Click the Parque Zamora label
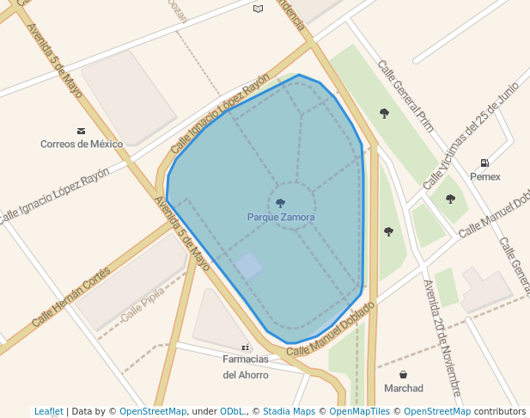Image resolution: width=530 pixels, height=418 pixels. (x=281, y=218)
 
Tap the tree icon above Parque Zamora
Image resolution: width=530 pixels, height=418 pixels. (x=281, y=204)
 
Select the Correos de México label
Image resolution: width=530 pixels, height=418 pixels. (x=82, y=144)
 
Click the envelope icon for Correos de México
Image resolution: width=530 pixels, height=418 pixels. (x=82, y=131)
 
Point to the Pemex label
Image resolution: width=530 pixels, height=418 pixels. (x=484, y=176)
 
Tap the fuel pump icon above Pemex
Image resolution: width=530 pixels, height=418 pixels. (x=484, y=163)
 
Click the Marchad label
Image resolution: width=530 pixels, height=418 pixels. (x=404, y=388)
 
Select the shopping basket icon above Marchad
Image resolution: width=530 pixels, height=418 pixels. (x=404, y=375)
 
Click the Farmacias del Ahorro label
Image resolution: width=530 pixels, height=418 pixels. (x=246, y=366)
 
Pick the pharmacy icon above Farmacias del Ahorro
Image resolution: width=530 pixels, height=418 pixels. (x=246, y=347)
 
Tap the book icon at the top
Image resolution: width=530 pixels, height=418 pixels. (x=258, y=9)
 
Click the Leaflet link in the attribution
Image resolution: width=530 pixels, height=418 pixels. (x=48, y=411)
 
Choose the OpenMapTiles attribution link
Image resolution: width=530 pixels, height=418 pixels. (x=362, y=411)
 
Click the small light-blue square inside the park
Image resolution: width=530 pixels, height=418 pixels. (x=249, y=266)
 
